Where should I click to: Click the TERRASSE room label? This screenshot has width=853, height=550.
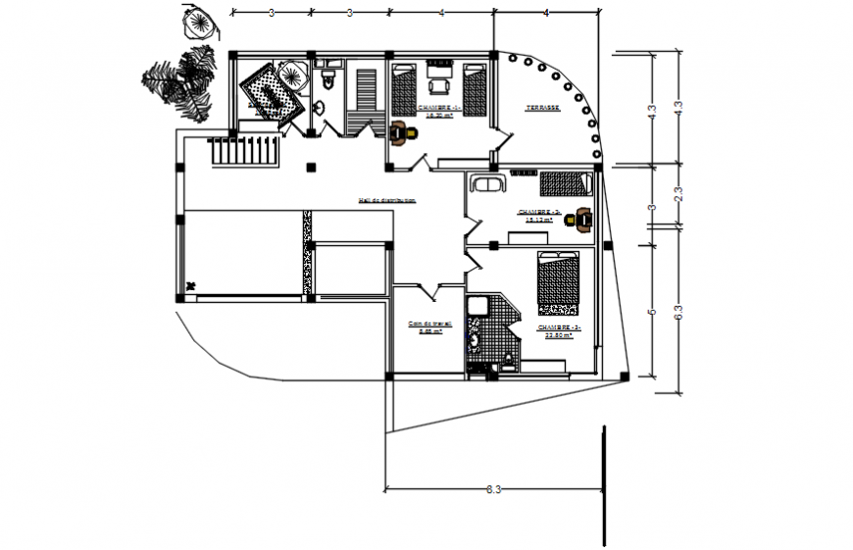coord(541,109)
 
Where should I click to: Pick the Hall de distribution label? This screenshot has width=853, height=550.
coord(388,200)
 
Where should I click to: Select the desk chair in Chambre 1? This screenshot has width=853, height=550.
coord(400,133)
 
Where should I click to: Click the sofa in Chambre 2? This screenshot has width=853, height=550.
coord(487,182)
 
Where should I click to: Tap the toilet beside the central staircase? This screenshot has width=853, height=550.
coord(328,78)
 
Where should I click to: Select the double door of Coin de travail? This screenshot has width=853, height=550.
coord(427,291)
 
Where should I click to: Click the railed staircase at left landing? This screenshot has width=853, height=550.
coord(245,151)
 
